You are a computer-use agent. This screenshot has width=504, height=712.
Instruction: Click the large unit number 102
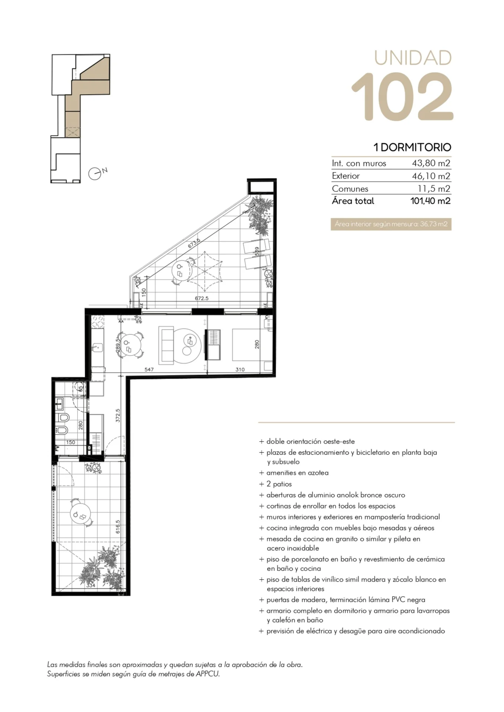click(403, 96)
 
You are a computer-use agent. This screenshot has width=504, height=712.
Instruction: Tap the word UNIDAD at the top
click(413, 58)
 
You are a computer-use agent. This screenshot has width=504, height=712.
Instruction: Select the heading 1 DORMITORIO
click(412, 147)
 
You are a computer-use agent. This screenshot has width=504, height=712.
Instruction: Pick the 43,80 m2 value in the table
click(431, 163)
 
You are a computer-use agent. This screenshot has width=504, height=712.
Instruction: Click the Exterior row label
click(346, 176)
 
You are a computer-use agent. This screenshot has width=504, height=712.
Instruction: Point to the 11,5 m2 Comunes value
click(434, 188)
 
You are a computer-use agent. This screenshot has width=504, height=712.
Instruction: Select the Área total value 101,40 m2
click(430, 201)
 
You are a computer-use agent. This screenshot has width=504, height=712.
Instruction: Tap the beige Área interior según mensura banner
click(391, 224)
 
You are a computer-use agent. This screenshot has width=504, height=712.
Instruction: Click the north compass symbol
click(95, 173)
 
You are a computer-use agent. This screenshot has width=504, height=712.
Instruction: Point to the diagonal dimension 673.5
click(194, 243)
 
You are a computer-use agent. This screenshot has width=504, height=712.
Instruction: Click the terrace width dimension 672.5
click(202, 298)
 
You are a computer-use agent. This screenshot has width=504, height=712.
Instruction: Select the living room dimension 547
click(149, 370)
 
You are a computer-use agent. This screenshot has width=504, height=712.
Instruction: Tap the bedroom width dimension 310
click(240, 370)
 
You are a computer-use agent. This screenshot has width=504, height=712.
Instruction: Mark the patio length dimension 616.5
click(118, 527)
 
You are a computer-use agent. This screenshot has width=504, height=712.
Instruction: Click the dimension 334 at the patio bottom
click(91, 586)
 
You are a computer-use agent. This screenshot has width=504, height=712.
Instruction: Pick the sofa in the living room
click(166, 345)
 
